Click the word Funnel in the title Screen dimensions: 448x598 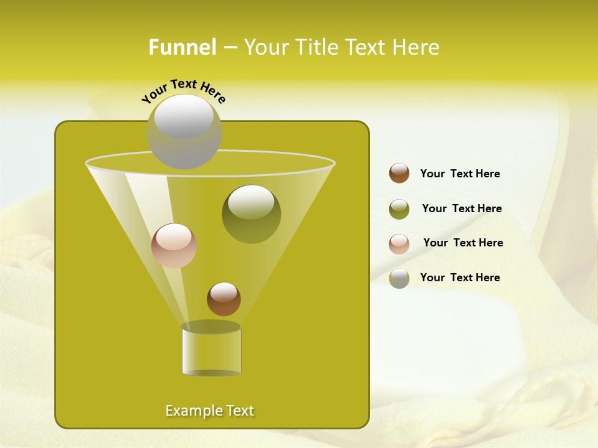tap(183, 47)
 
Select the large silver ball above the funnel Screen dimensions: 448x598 tap(184, 132)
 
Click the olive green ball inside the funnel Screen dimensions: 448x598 tap(251, 214)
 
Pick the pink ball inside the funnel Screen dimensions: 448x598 tap(174, 246)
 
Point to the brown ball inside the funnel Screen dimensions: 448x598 tap(224, 299)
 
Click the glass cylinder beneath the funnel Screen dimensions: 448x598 tap(211, 351)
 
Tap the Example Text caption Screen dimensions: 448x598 tap(210, 411)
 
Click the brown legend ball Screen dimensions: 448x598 tap(399, 174)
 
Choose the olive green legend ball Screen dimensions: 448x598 tap(399, 209)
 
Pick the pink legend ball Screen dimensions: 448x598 tap(399, 243)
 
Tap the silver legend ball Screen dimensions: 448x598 tap(399, 278)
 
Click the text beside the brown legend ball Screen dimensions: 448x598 tap(460, 174)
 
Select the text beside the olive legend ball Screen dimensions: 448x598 tap(462, 209)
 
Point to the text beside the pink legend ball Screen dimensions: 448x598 tap(463, 243)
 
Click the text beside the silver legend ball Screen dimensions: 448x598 tap(460, 278)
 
